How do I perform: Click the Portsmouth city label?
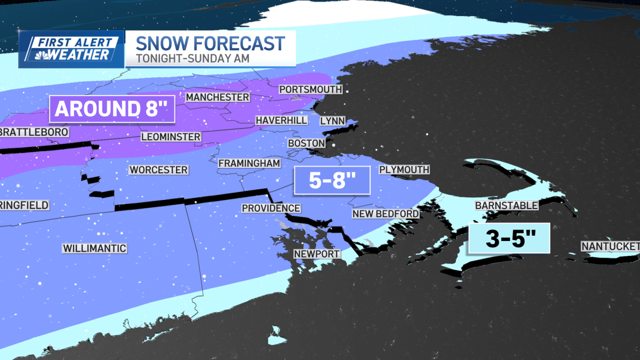310,90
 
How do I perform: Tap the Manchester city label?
218,98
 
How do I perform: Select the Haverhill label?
281,121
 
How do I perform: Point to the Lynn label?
332,121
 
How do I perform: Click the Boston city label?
306,143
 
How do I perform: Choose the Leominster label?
171,137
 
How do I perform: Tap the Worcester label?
158,170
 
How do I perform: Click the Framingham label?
249,163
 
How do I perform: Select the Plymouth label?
404,170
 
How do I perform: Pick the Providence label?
271,209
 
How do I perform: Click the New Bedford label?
385,214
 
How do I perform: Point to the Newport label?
317,254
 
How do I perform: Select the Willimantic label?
94,249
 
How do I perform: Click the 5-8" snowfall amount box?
332,180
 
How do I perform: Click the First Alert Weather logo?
71,49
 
